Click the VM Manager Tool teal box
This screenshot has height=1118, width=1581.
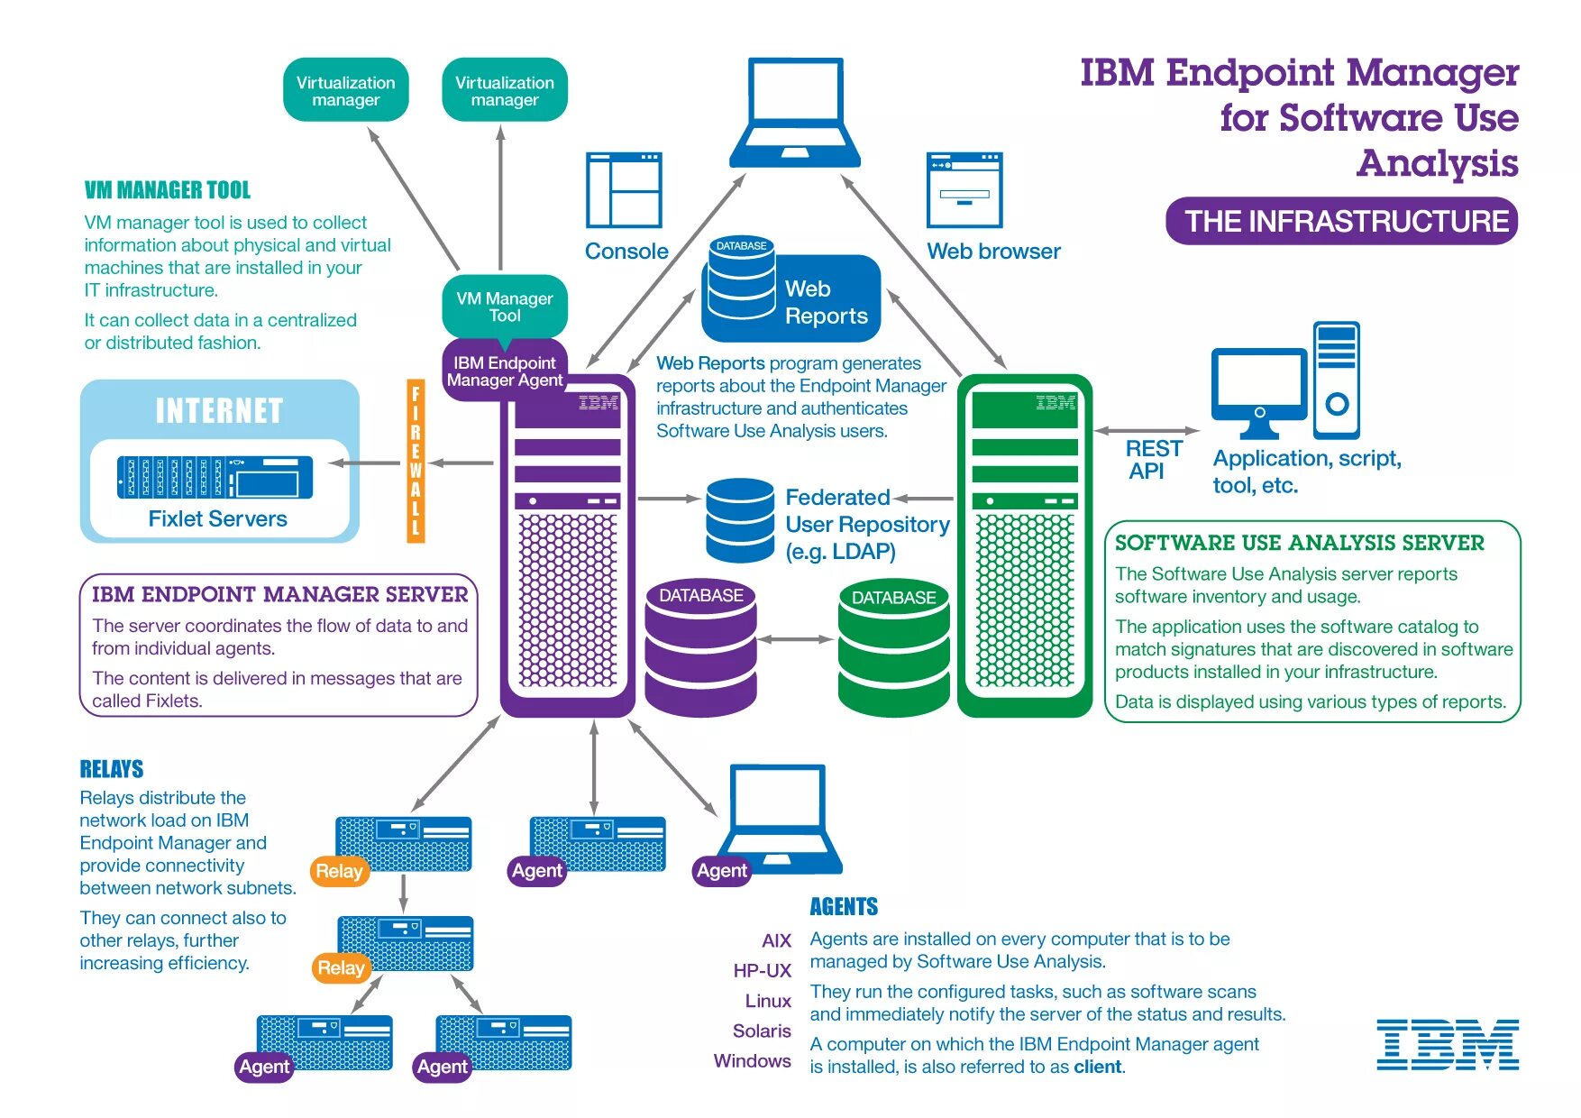[505, 307]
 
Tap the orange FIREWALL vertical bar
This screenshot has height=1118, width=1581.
[416, 461]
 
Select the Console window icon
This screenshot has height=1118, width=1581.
[624, 189]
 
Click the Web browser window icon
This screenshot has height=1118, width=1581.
[964, 189]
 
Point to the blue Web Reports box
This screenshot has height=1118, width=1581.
[791, 298]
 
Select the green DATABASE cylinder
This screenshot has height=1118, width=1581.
[894, 648]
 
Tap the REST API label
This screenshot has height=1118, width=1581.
[1153, 460]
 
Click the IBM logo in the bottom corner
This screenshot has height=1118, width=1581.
[1448, 1045]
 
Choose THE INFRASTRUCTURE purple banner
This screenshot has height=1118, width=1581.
[1342, 221]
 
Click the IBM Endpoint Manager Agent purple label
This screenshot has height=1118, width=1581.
[505, 371]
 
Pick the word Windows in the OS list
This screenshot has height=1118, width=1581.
[753, 1061]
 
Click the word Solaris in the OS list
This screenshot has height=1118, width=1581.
[762, 1031]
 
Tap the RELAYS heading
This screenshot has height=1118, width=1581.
[112, 769]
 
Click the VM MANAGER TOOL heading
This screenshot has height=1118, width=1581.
[168, 190]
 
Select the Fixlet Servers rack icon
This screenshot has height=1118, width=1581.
[215, 477]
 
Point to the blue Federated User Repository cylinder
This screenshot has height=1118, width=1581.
[740, 521]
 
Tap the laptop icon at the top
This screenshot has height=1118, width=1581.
[795, 114]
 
